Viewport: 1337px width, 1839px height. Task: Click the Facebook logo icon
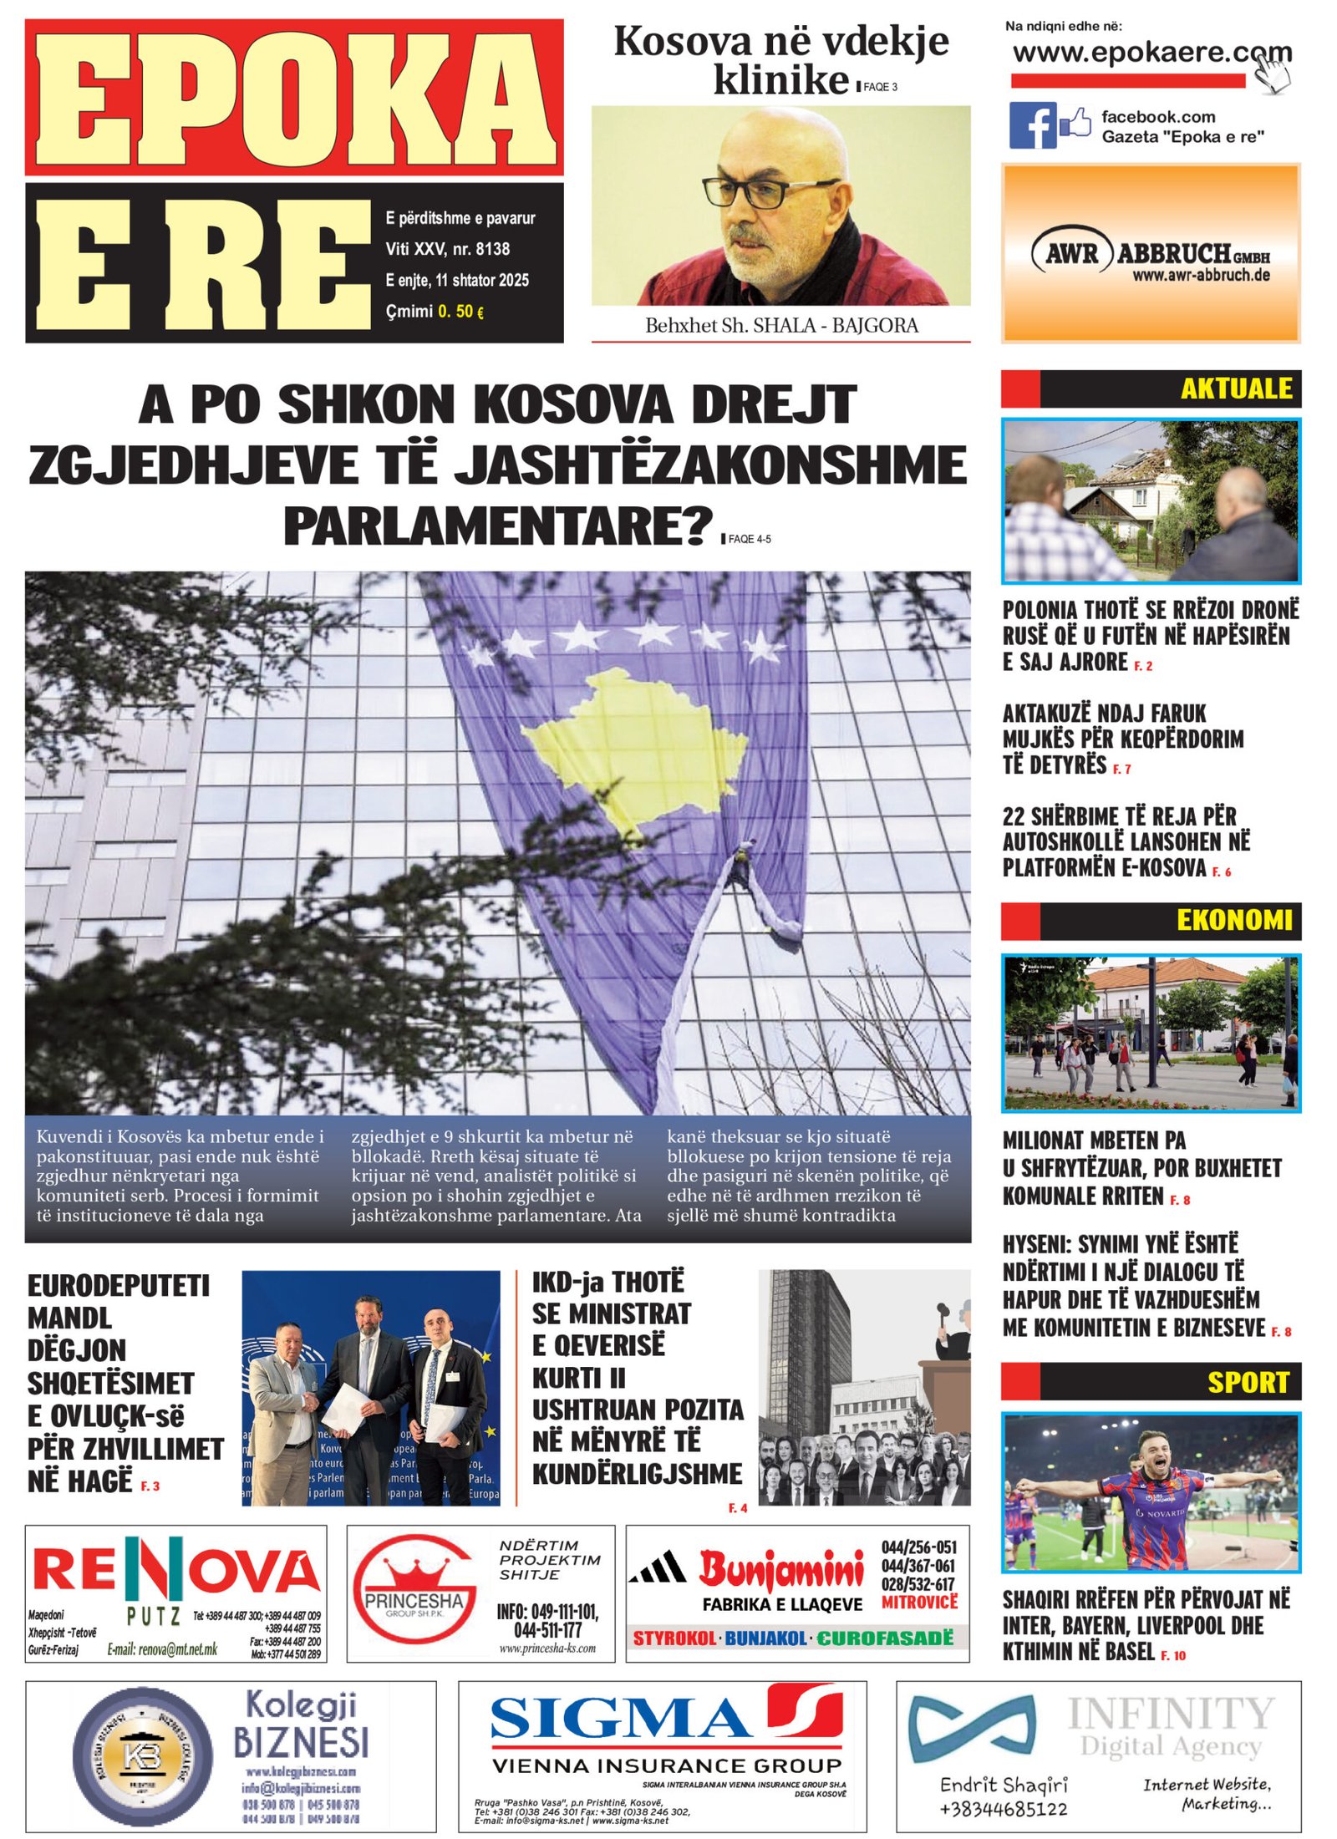[x=1032, y=125]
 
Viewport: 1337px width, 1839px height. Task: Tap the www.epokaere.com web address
[x=1151, y=53]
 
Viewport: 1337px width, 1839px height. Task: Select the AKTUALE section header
[x=1234, y=389]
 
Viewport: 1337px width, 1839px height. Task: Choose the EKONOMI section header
[x=1233, y=920]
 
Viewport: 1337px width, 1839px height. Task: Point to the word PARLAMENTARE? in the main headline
[x=498, y=526]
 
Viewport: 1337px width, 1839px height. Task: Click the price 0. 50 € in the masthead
[x=460, y=312]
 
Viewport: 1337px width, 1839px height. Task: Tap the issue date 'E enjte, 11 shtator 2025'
[x=456, y=280]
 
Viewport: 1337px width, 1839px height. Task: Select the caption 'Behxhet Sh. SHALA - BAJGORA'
[x=780, y=325]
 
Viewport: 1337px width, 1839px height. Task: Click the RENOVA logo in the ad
[x=175, y=1573]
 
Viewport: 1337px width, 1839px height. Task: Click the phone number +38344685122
[x=1002, y=1809]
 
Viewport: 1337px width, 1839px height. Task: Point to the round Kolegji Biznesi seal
[x=142, y=1755]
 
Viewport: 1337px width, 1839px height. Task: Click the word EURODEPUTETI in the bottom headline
[x=118, y=1286]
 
